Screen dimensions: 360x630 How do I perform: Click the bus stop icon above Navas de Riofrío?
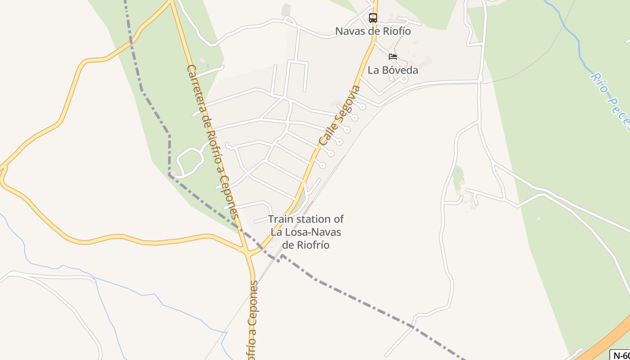tap(373, 18)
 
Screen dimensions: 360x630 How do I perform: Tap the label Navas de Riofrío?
tap(373, 31)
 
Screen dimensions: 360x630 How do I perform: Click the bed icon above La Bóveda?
tap(393, 57)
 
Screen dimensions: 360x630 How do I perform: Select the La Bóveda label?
tap(393, 70)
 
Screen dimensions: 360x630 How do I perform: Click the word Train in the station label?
tap(282, 220)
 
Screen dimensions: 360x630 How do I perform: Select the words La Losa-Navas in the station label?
tap(306, 232)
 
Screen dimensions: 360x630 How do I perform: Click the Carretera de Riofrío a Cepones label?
tap(212, 142)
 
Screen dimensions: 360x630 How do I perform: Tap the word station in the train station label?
tap(314, 220)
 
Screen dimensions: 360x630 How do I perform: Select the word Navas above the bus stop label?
tap(347, 31)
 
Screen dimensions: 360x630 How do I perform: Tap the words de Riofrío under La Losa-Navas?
tap(306, 245)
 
